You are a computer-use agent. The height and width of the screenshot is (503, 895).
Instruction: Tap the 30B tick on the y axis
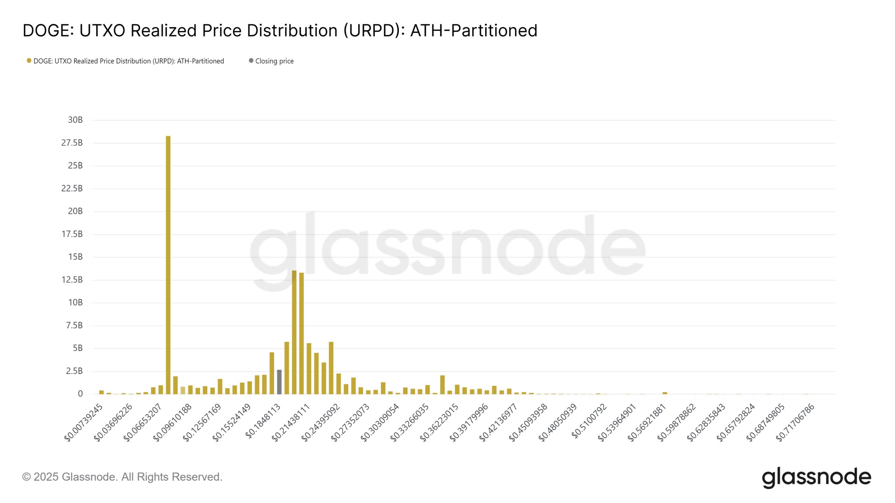[75, 120]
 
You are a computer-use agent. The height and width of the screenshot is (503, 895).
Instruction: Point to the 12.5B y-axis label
[72, 279]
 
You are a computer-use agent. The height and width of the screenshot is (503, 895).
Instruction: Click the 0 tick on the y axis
[80, 394]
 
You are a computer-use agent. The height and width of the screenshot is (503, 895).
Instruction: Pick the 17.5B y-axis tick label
[72, 234]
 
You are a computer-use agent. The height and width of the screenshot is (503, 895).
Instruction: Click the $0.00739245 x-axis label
[84, 422]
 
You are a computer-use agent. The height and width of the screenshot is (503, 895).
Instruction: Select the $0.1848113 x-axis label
[263, 421]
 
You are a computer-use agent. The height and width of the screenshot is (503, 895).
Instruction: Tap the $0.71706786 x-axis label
[795, 422]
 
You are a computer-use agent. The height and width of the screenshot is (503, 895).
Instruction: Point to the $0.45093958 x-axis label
[528, 422]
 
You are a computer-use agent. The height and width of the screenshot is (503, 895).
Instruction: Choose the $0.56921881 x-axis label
[647, 422]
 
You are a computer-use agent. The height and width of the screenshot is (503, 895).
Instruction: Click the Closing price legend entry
[274, 61]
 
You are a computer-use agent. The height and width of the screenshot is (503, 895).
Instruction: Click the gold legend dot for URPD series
[29, 61]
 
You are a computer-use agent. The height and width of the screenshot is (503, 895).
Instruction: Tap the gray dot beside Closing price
[251, 61]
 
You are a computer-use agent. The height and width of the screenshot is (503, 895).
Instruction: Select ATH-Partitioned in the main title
[474, 31]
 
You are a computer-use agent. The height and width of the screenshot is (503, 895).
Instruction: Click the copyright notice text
[122, 477]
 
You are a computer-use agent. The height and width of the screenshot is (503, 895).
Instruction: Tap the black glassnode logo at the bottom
[816, 478]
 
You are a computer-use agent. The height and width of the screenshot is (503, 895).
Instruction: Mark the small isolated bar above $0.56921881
[665, 393]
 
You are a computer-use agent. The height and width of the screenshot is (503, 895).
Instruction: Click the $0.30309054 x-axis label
[380, 422]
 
